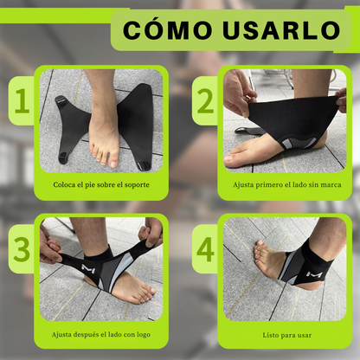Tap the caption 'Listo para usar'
pyautogui.click(x=282, y=333)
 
